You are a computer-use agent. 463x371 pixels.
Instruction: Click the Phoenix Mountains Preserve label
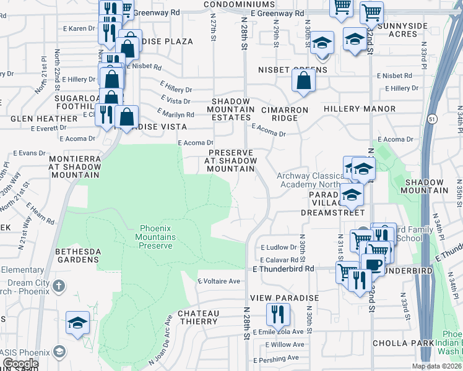[155, 236]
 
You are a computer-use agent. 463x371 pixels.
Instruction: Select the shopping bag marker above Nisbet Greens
[303, 82]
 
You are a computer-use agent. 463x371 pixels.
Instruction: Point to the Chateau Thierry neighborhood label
[198, 318]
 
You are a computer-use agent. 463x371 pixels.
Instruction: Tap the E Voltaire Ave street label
[219, 281]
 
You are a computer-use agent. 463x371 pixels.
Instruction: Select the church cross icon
[58, 286]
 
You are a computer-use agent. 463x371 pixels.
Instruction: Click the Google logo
[20, 364]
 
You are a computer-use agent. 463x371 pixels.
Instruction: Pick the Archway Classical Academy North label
[309, 180]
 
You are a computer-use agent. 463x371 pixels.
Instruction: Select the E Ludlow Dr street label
[279, 247]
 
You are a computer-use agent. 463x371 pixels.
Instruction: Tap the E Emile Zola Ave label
[279, 331]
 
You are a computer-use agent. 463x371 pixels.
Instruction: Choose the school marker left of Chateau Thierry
[78, 323]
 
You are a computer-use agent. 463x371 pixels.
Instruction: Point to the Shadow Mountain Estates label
[231, 109]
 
